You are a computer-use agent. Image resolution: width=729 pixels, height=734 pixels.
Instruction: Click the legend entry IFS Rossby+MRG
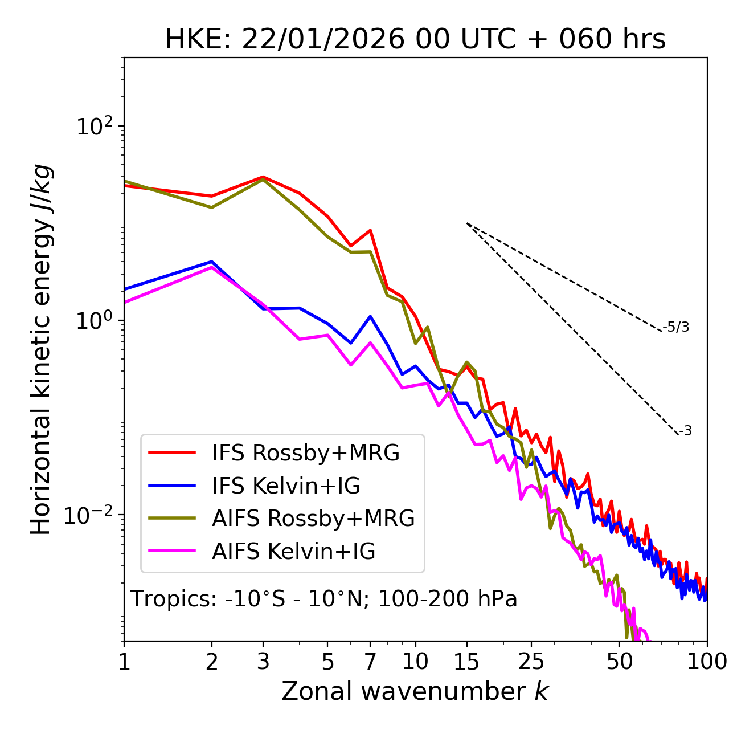(305, 452)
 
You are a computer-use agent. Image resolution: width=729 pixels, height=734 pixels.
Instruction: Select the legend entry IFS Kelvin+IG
(286, 486)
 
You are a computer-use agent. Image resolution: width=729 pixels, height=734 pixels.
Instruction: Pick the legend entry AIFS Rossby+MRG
(313, 519)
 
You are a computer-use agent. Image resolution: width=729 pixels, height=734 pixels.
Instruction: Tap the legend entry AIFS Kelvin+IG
(293, 552)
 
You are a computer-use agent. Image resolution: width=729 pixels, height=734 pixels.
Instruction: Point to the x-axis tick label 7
(370, 662)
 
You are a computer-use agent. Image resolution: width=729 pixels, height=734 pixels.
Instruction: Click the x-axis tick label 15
(466, 662)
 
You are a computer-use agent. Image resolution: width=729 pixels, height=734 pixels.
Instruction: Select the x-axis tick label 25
(531, 662)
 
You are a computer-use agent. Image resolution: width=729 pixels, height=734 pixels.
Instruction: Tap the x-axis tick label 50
(619, 662)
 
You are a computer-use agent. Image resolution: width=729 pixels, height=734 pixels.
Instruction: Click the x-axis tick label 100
(706, 662)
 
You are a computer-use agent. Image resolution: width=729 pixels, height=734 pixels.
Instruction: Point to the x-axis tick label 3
(263, 662)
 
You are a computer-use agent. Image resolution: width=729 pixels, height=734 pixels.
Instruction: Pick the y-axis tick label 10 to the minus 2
(91, 515)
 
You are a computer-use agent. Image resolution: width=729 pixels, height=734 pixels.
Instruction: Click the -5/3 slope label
(676, 327)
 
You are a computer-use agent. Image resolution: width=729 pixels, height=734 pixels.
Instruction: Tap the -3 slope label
(685, 431)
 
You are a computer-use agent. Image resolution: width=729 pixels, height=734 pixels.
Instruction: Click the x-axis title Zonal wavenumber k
(415, 691)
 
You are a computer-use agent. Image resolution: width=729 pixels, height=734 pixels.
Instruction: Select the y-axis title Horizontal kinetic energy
(41, 350)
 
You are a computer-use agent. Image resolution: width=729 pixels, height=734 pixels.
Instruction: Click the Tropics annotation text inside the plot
(324, 599)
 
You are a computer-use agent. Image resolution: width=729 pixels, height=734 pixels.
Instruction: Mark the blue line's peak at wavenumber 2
(212, 262)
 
